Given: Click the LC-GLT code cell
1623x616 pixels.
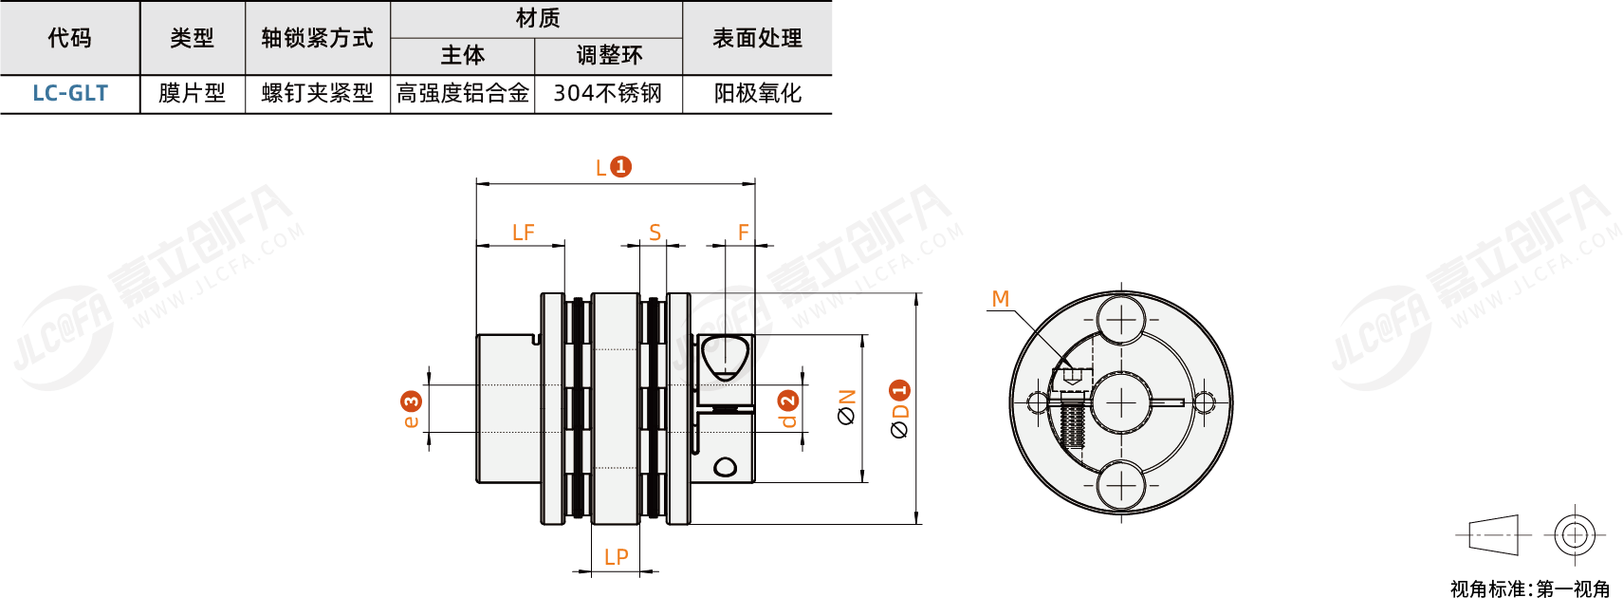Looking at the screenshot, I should click(x=70, y=93).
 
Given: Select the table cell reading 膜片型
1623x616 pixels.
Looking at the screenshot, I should click(x=192, y=93).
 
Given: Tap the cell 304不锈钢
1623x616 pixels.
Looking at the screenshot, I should click(x=608, y=93).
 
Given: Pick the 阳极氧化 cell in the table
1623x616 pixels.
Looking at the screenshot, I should click(x=757, y=93).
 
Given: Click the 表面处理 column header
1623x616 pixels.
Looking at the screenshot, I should click(x=757, y=38).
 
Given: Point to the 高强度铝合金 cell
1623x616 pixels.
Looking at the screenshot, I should click(x=463, y=93).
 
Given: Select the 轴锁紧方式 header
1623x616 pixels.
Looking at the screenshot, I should click(x=317, y=38).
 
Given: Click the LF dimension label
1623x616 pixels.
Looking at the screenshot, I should click(x=523, y=233).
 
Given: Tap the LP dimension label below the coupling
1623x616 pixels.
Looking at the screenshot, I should click(x=616, y=557).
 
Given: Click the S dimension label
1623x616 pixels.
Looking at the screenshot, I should click(x=655, y=233).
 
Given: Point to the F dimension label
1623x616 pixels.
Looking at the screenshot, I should click(x=743, y=233).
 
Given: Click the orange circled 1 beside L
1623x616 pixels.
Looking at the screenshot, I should click(x=620, y=167).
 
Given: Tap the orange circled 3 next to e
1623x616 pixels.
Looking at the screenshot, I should click(x=411, y=401).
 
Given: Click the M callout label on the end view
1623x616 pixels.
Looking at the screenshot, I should click(x=1000, y=299).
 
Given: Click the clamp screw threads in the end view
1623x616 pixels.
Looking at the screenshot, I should click(x=1072, y=423).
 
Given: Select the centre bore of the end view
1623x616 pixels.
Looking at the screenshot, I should click(x=1120, y=403).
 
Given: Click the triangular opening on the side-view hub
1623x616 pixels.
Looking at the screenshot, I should click(x=725, y=358).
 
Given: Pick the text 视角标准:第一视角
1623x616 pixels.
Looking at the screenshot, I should click(x=1529, y=589).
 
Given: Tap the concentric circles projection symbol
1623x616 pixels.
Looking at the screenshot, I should click(x=1574, y=535).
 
